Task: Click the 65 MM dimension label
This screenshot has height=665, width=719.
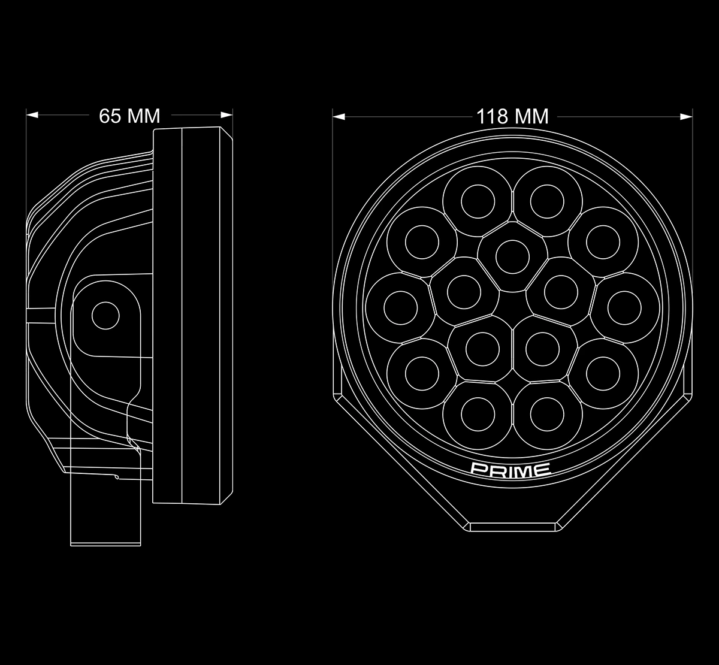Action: (129, 116)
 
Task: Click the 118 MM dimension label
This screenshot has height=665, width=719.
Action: (512, 117)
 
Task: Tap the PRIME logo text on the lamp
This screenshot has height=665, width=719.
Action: (510, 470)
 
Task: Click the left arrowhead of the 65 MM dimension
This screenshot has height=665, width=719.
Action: (32, 115)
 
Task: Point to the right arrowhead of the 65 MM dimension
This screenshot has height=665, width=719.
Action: (226, 115)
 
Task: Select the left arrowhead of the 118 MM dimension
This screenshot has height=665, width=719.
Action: (339, 117)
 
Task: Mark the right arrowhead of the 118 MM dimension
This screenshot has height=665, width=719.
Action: (687, 117)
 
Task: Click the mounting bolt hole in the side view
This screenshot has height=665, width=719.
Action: (105, 316)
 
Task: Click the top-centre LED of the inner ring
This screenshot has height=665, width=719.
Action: (513, 256)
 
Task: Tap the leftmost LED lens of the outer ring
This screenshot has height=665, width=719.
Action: (400, 308)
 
